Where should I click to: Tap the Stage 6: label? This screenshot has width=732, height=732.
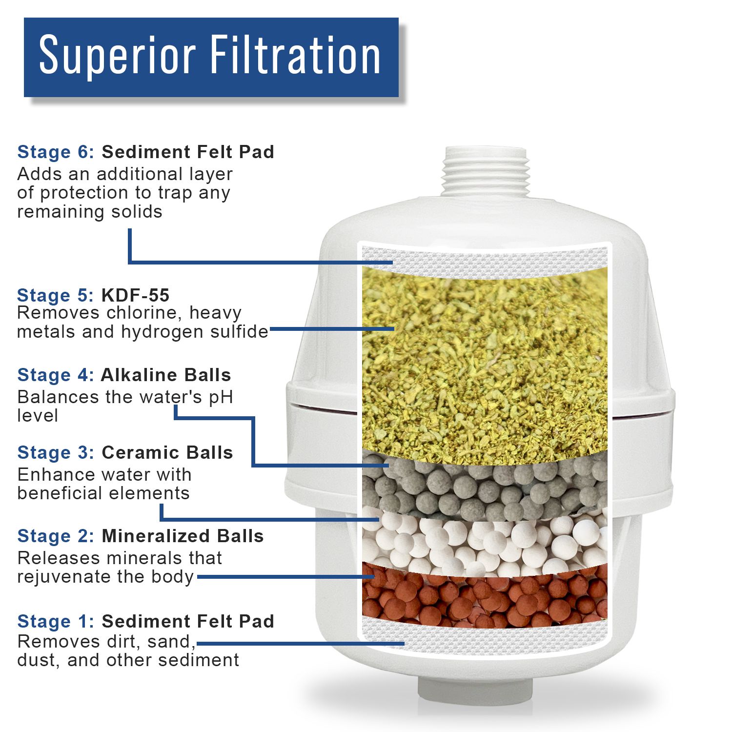(56, 152)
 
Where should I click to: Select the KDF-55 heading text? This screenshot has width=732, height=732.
(135, 295)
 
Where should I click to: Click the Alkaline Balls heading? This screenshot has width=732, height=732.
(166, 375)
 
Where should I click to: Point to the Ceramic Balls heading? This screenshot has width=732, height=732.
(167, 452)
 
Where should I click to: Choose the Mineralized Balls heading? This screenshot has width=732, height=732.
(183, 536)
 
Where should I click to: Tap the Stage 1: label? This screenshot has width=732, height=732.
(56, 621)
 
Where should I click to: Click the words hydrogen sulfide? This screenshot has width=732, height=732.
(195, 332)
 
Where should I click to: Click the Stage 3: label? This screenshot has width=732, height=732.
(56, 452)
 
